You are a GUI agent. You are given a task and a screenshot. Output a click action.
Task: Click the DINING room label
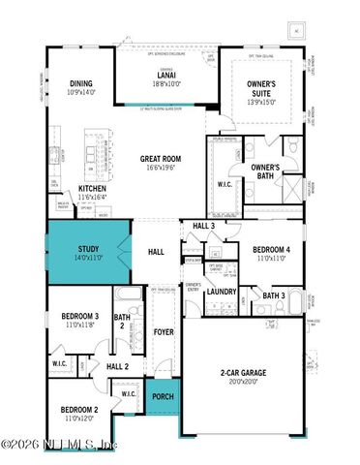(80, 84)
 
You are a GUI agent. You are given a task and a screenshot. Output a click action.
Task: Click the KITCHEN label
(93, 188)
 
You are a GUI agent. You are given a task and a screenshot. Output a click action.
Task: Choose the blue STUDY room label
(88, 250)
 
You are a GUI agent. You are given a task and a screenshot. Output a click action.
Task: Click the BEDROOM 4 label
(265, 249)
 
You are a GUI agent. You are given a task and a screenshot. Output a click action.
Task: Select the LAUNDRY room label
(223, 292)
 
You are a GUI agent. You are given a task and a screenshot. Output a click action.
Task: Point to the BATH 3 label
(273, 295)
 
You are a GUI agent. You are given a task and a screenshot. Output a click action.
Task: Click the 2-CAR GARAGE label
(243, 372)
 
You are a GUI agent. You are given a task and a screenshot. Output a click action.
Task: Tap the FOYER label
(164, 331)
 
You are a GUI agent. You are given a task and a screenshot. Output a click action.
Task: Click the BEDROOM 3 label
(80, 317)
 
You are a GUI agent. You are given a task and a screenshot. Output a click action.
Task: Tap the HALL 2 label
(118, 366)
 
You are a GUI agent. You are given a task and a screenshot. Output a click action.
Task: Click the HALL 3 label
(203, 226)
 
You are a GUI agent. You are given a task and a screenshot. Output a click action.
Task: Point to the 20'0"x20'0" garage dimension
(243, 382)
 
